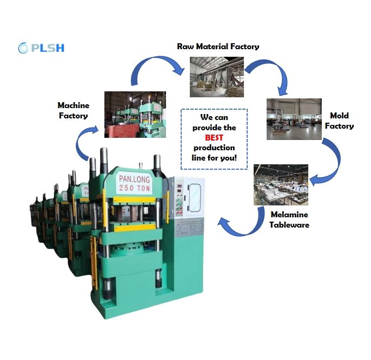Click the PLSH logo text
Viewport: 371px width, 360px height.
click(48, 48)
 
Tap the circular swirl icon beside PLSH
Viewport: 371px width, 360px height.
click(23, 48)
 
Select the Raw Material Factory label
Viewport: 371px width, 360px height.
click(218, 46)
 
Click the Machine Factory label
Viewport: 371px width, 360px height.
click(73, 110)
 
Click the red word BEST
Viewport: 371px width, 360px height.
click(214, 138)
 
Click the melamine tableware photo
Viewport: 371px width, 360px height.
click(281, 185)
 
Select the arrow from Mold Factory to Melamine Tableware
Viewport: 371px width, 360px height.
click(329, 162)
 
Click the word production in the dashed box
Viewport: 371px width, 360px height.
click(214, 148)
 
